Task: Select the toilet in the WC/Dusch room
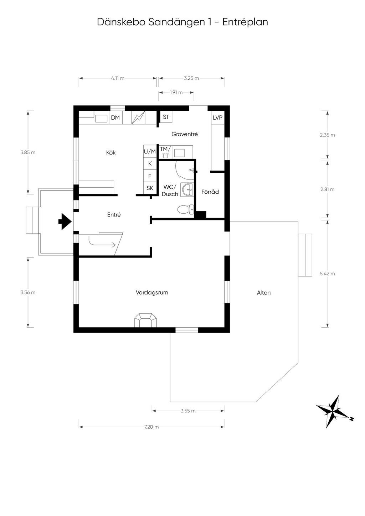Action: pyautogui.click(x=185, y=209)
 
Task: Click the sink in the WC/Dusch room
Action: pyautogui.click(x=187, y=189)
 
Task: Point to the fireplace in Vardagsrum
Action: pyautogui.click(x=145, y=320)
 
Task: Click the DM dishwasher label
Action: pyautogui.click(x=115, y=118)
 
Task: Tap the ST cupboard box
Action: pyautogui.click(x=166, y=117)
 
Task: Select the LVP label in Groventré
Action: pyautogui.click(x=217, y=118)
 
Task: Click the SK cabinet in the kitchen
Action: pyautogui.click(x=150, y=188)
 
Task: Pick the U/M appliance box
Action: pyautogui.click(x=150, y=152)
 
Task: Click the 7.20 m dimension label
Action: pyautogui.click(x=151, y=427)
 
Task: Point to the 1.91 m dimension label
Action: pyautogui.click(x=176, y=93)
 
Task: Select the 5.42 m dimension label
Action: pyautogui.click(x=327, y=273)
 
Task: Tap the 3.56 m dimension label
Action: pyautogui.click(x=28, y=292)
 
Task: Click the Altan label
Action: pyautogui.click(x=264, y=293)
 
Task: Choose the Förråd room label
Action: pyautogui.click(x=210, y=192)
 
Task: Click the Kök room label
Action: pyautogui.click(x=111, y=153)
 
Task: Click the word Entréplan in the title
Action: pyautogui.click(x=245, y=22)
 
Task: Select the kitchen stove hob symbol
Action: pyautogui.click(x=139, y=118)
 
